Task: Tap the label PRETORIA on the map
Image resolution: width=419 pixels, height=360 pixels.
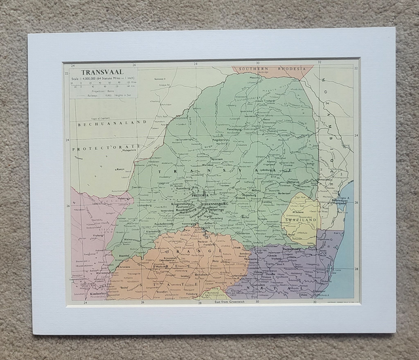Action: [199, 196]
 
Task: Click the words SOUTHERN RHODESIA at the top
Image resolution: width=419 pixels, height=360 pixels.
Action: [268, 69]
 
